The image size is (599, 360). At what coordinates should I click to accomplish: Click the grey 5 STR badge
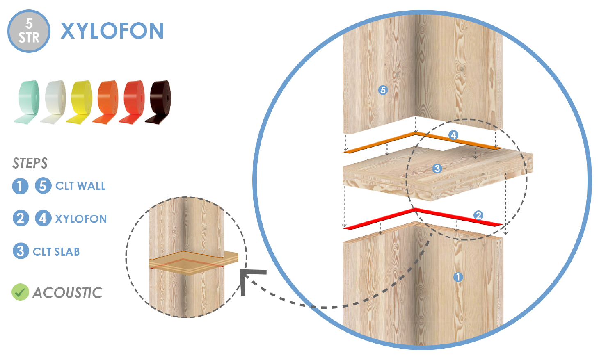(x=29, y=31)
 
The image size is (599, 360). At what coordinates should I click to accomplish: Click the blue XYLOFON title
(x=112, y=31)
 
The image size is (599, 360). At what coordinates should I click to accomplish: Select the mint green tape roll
(x=27, y=102)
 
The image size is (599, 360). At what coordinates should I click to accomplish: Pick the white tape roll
(x=53, y=102)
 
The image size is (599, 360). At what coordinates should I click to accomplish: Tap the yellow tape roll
(x=80, y=102)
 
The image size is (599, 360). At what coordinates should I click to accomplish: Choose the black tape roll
(x=158, y=102)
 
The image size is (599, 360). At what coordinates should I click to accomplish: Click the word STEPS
(x=30, y=163)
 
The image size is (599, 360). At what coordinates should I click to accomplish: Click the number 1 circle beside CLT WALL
(x=20, y=186)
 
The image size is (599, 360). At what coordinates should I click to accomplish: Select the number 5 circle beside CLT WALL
(x=43, y=185)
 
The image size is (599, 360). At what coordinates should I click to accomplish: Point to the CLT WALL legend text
(x=80, y=186)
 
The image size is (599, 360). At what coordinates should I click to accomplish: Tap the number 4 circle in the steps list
(x=43, y=218)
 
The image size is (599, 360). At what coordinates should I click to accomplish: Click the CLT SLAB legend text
(x=56, y=252)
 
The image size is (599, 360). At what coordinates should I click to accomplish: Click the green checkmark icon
(x=21, y=292)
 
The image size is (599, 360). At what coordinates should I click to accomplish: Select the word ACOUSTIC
(x=67, y=293)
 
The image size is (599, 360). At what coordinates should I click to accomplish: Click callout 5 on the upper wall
(x=383, y=90)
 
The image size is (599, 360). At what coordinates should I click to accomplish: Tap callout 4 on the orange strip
(x=453, y=135)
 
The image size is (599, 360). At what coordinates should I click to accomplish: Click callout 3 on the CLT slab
(x=437, y=169)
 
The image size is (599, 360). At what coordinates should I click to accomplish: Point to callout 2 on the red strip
(x=478, y=215)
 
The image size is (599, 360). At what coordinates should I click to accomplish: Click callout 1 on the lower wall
(x=458, y=277)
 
